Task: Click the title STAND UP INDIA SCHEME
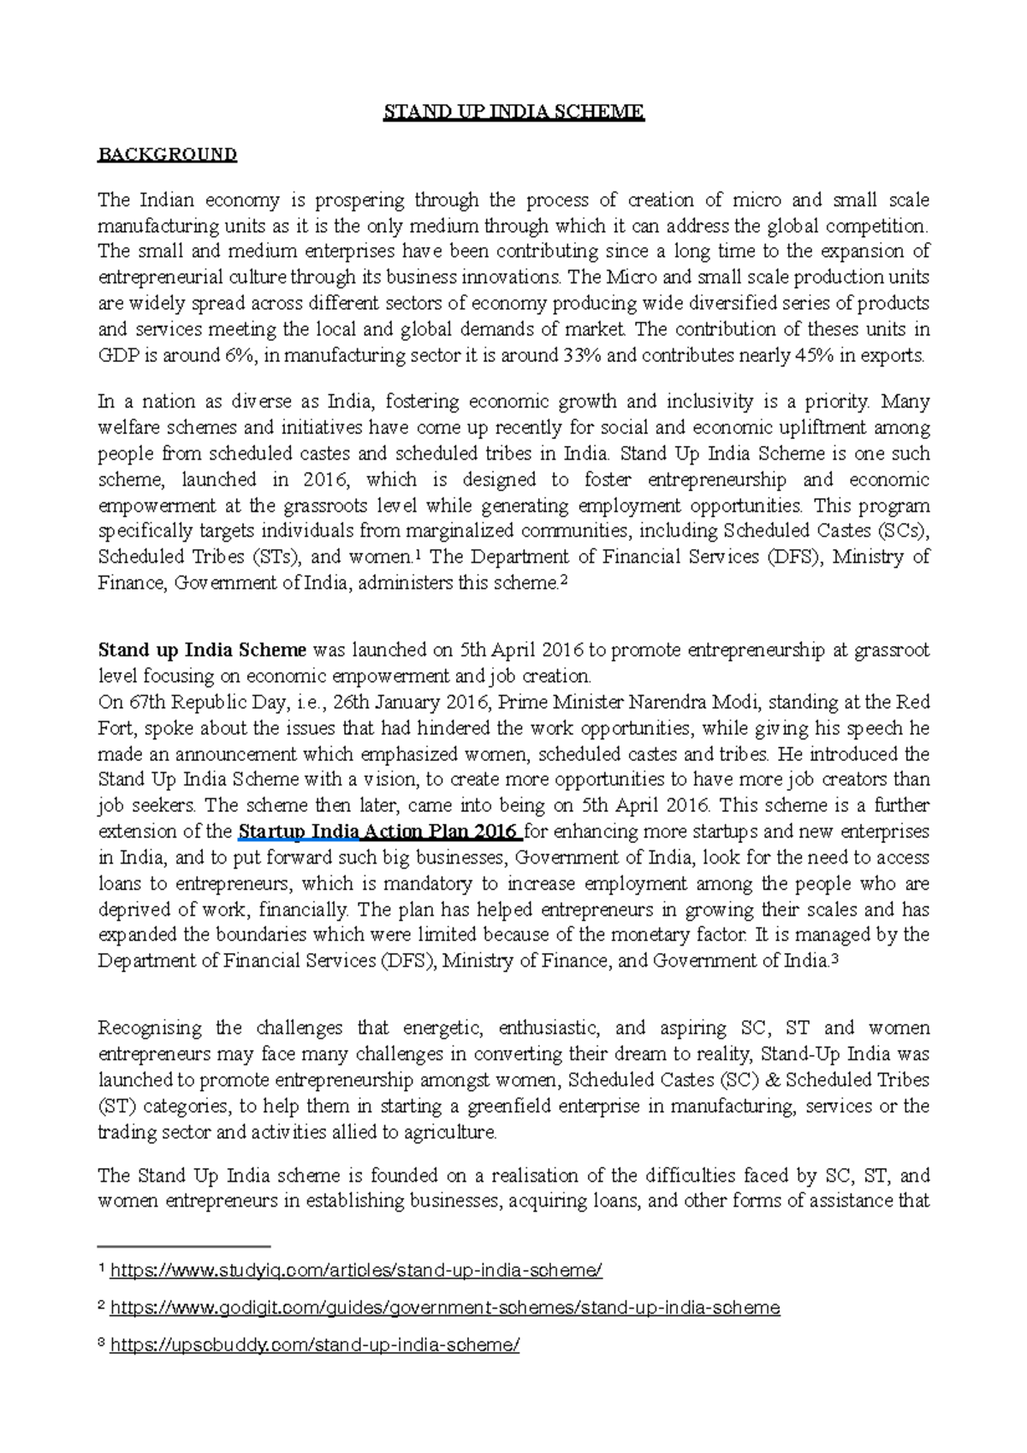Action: pyautogui.click(x=513, y=112)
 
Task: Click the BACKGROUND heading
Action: pyautogui.click(x=167, y=155)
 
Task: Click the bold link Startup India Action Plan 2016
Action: pyautogui.click(x=378, y=832)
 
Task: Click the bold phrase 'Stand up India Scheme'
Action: pyautogui.click(x=202, y=650)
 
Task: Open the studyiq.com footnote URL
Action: pyautogui.click(x=356, y=1271)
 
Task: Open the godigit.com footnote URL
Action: pyautogui.click(x=445, y=1308)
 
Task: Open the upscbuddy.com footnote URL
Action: pyautogui.click(x=315, y=1345)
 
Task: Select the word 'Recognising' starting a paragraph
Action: pyautogui.click(x=150, y=1029)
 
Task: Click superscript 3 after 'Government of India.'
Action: pyautogui.click(x=835, y=959)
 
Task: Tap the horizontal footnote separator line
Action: pyautogui.click(x=184, y=1246)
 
